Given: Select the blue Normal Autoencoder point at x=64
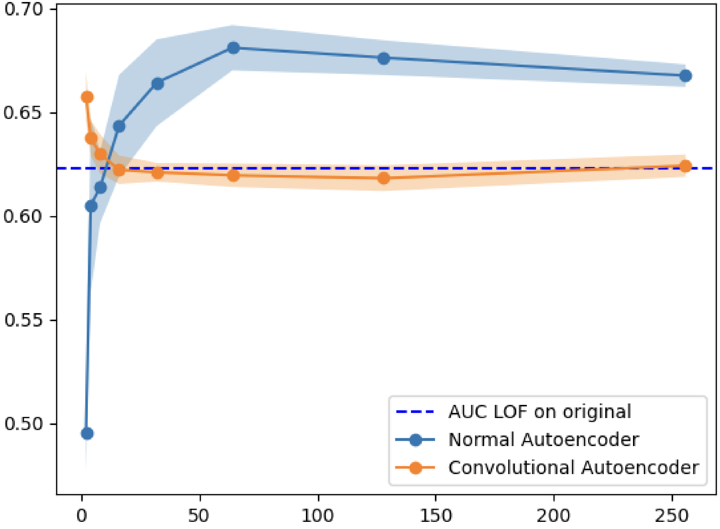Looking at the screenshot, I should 234,48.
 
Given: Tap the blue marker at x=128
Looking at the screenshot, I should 383,59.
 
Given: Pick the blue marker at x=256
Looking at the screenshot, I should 685,76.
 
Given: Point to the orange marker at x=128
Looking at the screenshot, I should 383,178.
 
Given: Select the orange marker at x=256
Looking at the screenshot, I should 685,166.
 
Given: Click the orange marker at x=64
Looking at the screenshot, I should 234,176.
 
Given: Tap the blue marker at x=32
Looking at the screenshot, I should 158,83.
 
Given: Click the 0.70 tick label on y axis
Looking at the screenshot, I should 23,10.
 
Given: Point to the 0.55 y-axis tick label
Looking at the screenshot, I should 23,320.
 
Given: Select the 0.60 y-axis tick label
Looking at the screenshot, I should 23,216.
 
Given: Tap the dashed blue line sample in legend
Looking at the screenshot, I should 415,412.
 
